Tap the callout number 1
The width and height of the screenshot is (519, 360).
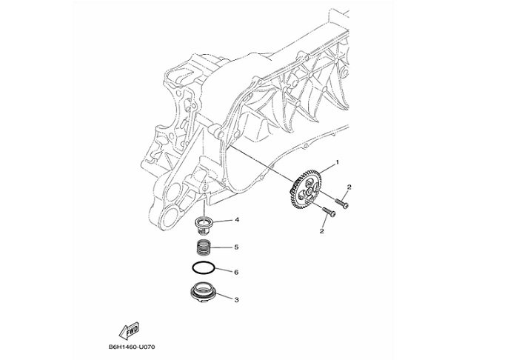pyautogui.click(x=338, y=161)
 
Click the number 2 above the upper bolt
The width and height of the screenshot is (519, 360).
pyautogui.click(x=348, y=187)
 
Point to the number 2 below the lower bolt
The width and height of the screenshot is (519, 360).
pyautogui.click(x=322, y=231)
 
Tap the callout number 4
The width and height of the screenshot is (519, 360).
pyautogui.click(x=236, y=220)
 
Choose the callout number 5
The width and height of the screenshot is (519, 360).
pyautogui.click(x=236, y=247)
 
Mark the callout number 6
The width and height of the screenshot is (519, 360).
pyautogui.click(x=236, y=272)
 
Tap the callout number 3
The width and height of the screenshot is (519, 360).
pyautogui.click(x=236, y=300)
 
